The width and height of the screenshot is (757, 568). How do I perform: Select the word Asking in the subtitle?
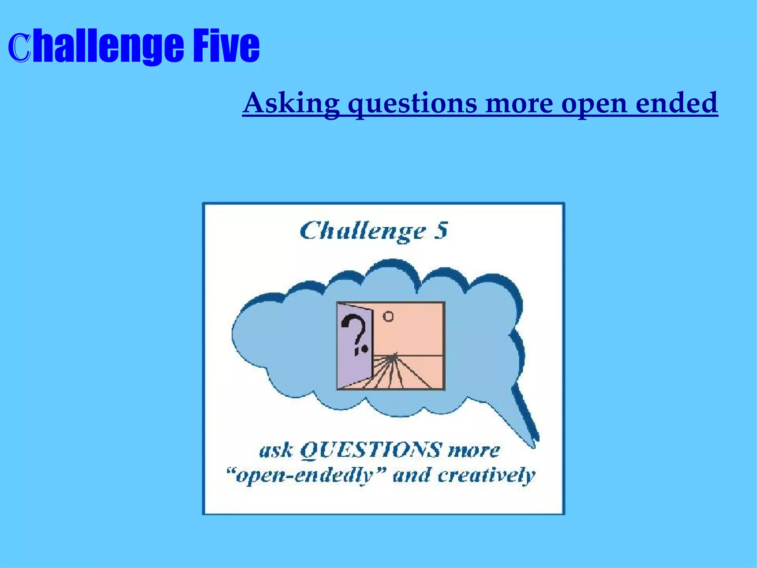click(291, 103)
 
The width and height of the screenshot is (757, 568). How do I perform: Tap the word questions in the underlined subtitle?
click(413, 104)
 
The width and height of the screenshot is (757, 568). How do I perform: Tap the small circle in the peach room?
click(388, 317)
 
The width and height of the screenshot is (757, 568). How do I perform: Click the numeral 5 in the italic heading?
click(441, 230)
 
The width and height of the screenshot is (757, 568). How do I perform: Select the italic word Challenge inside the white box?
click(363, 232)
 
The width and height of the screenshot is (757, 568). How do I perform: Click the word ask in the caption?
click(276, 451)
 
